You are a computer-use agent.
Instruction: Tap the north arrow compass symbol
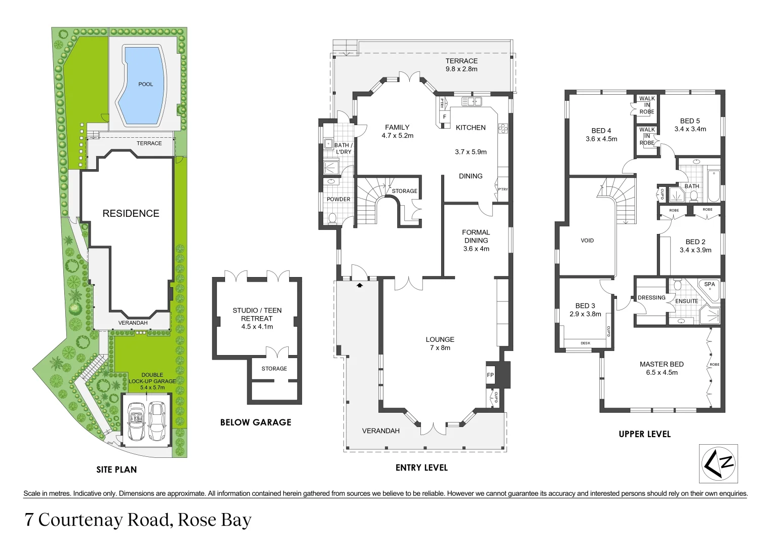[x=718, y=464]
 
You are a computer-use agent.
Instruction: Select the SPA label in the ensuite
[x=709, y=284]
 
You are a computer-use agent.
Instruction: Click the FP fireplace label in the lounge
[x=490, y=375]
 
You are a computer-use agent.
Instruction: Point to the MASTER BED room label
[x=661, y=364]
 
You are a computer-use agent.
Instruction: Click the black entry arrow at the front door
[x=360, y=286]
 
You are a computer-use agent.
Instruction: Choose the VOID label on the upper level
[x=587, y=241]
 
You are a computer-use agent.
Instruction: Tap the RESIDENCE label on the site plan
[x=131, y=213]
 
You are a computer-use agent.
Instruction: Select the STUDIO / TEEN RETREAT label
[x=257, y=315]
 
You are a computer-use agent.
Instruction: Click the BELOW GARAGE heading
[x=255, y=422]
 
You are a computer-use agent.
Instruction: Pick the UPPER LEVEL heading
[x=644, y=434]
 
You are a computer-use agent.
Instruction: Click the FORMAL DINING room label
[x=476, y=237]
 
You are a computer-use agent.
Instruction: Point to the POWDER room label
[x=338, y=200]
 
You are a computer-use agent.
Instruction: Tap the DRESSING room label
[x=651, y=298]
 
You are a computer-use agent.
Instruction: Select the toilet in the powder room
[x=332, y=218]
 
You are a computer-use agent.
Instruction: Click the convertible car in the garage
[x=136, y=420]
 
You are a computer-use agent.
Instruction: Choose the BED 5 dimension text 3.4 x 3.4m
[x=690, y=129]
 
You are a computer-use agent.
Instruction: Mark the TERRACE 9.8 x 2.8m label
[x=461, y=65]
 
